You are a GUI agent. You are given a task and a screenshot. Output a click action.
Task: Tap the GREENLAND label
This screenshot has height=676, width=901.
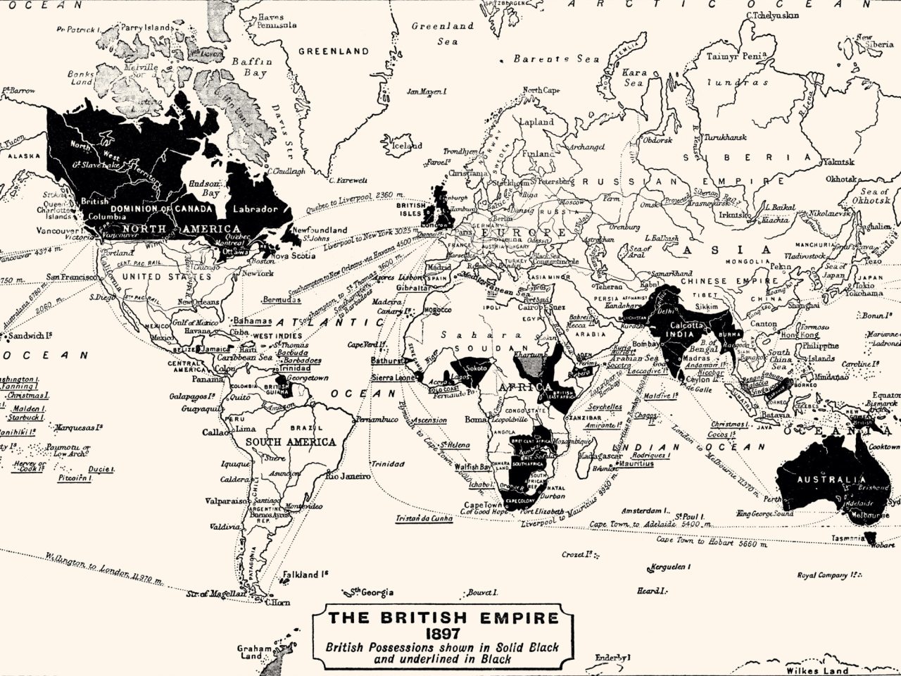coord(333,51)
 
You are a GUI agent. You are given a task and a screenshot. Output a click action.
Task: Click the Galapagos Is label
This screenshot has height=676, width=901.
coord(191,396)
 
